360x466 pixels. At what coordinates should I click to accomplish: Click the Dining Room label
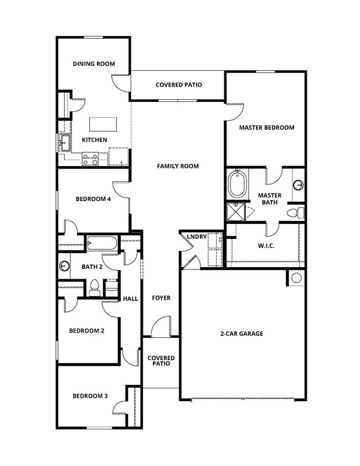pyautogui.click(x=94, y=64)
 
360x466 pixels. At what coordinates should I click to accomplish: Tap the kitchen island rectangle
pyautogui.click(x=99, y=123)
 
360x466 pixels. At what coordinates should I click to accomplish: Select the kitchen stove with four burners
pyautogui.click(x=90, y=160)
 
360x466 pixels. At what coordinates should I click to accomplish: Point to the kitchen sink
pyautogui.click(x=64, y=143)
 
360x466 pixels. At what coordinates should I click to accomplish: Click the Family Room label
pyautogui.click(x=177, y=166)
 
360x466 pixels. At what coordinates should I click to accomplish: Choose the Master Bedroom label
pyautogui.click(x=266, y=127)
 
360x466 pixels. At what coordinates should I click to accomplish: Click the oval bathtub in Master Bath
pyautogui.click(x=238, y=185)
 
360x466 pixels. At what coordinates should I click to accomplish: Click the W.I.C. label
pyautogui.click(x=267, y=246)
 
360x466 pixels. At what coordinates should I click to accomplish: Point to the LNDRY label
pyautogui.click(x=197, y=237)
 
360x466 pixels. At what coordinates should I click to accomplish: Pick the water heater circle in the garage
pyautogui.click(x=296, y=278)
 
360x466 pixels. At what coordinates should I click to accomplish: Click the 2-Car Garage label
pyautogui.click(x=241, y=334)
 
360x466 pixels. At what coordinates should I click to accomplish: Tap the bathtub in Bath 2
pyautogui.click(x=102, y=243)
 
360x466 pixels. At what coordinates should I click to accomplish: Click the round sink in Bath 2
pyautogui.click(x=64, y=267)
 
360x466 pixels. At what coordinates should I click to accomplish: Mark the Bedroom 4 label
pyautogui.click(x=94, y=199)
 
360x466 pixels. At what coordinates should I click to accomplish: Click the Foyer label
pyautogui.click(x=161, y=298)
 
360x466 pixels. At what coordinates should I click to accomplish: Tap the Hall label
pyautogui.click(x=131, y=299)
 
